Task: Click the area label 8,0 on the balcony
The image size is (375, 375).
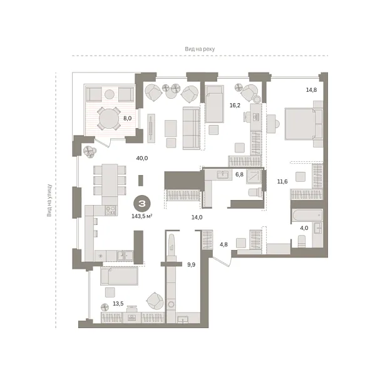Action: coord(127,118)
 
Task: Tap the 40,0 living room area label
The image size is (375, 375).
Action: coord(142,158)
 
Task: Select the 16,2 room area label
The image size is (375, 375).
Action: coord(235,105)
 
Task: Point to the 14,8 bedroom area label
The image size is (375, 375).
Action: coord(312,89)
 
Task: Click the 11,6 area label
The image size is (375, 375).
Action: coord(282,182)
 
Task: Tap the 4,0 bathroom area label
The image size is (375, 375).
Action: coord(304,228)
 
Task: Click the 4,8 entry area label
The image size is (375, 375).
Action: coord(223,244)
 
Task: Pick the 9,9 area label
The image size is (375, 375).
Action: coord(192,264)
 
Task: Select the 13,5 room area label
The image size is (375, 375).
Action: coord(117,304)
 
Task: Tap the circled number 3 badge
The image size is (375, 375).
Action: coord(143,203)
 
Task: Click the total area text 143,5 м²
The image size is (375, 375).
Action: coord(142,217)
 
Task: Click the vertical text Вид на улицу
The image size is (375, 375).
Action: coord(49,201)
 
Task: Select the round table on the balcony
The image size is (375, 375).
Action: coord(110,117)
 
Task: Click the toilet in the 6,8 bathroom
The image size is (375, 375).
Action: coord(252,192)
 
